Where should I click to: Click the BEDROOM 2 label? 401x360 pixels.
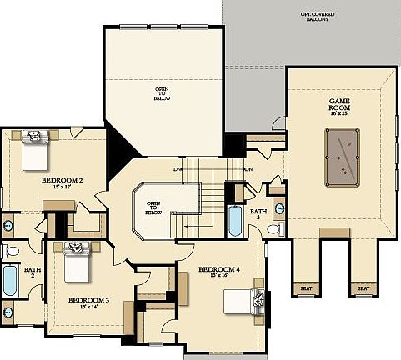point(62,179)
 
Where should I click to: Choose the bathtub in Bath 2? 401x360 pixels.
point(9,281)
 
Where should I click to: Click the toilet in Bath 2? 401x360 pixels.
point(11,250)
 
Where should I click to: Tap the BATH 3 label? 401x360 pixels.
point(258,214)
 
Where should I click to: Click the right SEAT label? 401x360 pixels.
point(363,288)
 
